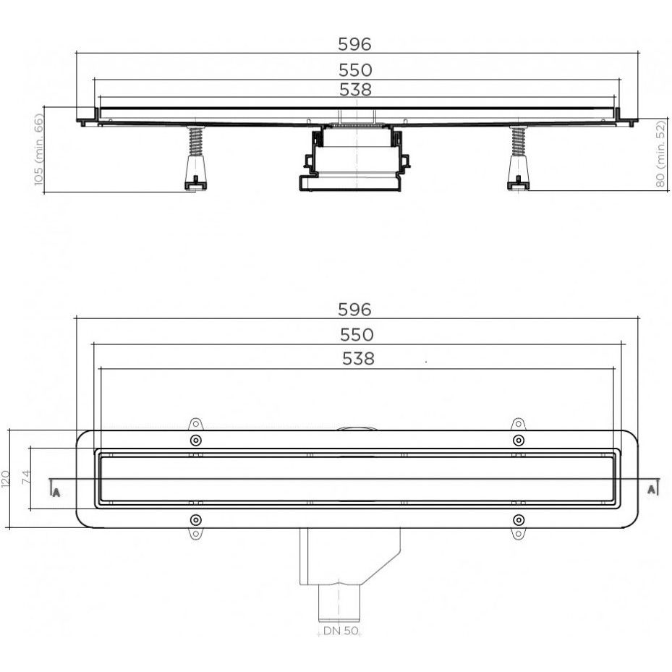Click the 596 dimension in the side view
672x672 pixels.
coord(354,44)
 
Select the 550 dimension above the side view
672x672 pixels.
coord(355,70)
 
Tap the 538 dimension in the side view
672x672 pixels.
coord(355,90)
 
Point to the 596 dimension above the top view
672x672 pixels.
coord(354,310)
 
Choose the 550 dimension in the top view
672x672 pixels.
coord(357,335)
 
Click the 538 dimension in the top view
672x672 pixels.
coord(358,359)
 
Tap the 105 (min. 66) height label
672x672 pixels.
coord(38,150)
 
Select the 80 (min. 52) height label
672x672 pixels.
coord(661,153)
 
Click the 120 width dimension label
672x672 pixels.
coord(6,479)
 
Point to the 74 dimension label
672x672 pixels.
coord(27,477)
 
